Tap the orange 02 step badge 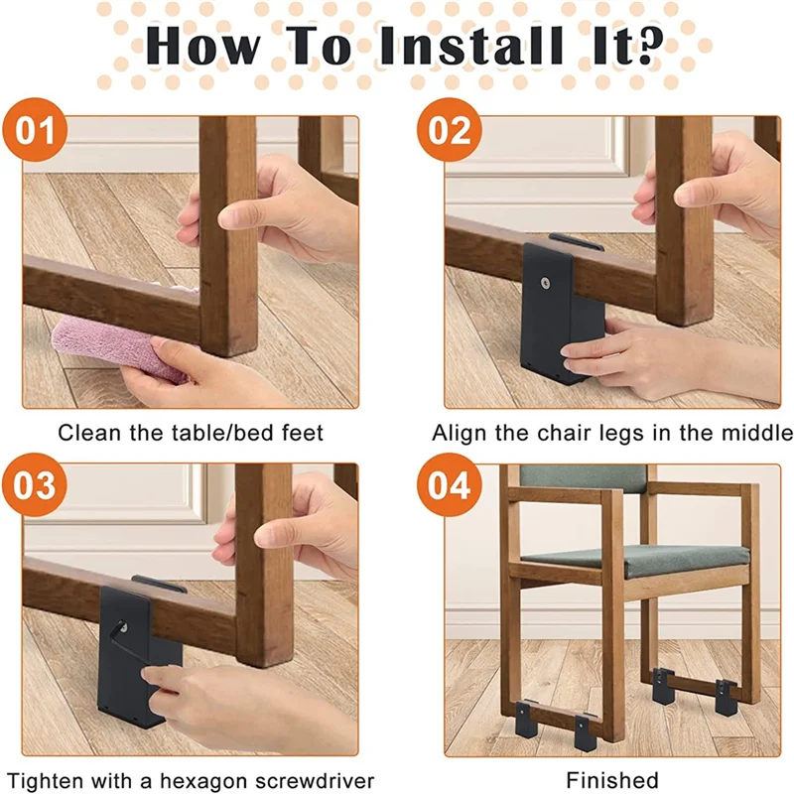[449, 131]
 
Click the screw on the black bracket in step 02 [546, 284]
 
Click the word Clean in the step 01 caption [82, 433]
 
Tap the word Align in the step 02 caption [456, 433]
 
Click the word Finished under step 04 [612, 780]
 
